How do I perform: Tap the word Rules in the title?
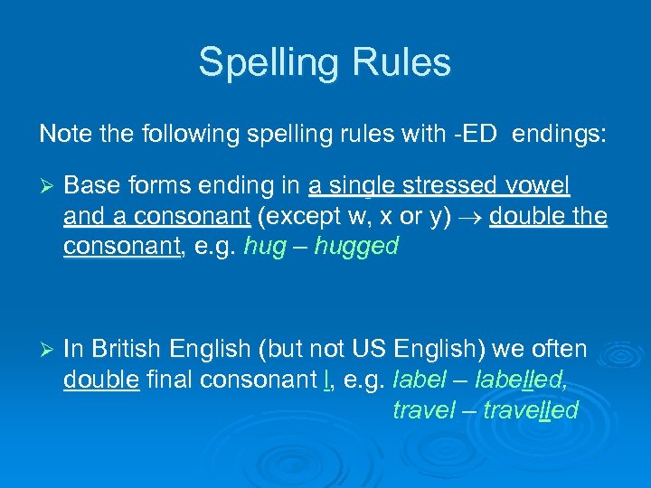[398, 63]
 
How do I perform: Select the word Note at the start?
[60, 135]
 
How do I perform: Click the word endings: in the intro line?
[561, 135]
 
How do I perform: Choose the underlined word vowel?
[539, 187]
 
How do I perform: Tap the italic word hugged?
[356, 248]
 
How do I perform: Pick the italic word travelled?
[531, 411]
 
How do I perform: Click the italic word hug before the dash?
[263, 248]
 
